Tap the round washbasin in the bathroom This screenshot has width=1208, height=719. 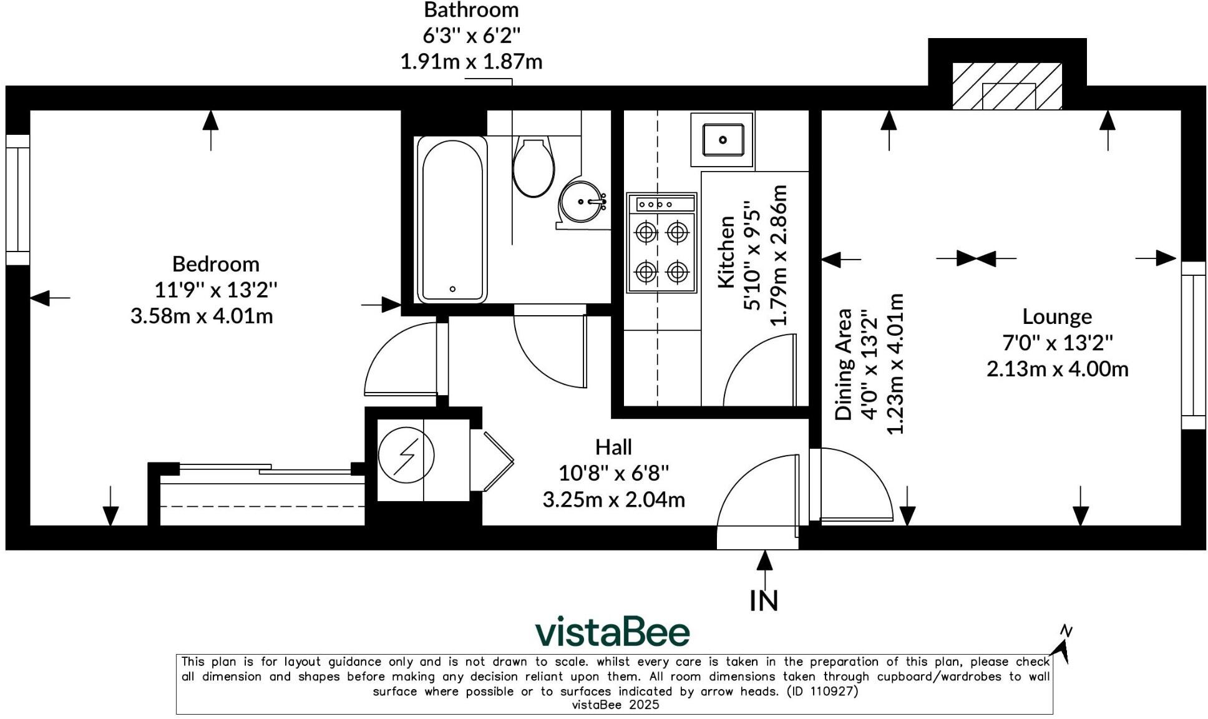pyautogui.click(x=582, y=202)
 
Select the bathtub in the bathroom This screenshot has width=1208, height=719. pyautogui.click(x=452, y=219)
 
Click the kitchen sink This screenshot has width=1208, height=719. pyautogui.click(x=723, y=140)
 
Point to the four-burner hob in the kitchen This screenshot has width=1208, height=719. pyautogui.click(x=661, y=243)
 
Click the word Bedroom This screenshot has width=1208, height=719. pyautogui.click(x=216, y=264)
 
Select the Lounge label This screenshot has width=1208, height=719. pyautogui.click(x=1057, y=317)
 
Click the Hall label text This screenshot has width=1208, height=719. pyautogui.click(x=613, y=447)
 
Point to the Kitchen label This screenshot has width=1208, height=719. pyautogui.click(x=726, y=252)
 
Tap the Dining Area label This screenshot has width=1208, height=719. pyautogui.click(x=844, y=364)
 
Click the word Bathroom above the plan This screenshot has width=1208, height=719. pyautogui.click(x=471, y=10)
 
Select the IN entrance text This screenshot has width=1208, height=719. pyautogui.click(x=764, y=601)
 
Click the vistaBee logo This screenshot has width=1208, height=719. pyautogui.click(x=613, y=632)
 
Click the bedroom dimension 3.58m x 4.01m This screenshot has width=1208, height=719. pyautogui.click(x=202, y=316)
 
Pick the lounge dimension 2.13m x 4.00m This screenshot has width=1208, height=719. pyautogui.click(x=1058, y=369)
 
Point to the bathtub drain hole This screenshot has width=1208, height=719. pyautogui.click(x=452, y=289)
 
